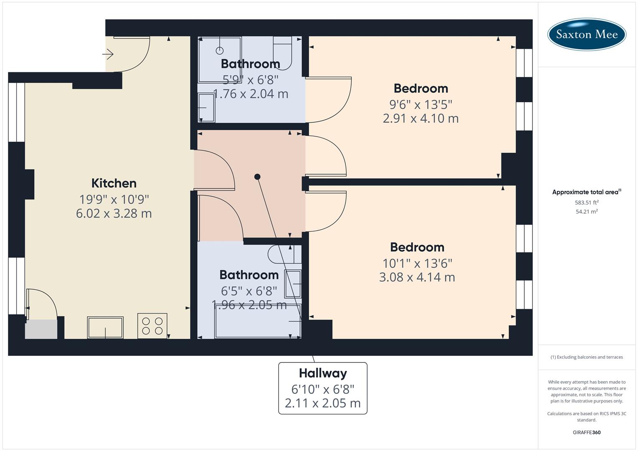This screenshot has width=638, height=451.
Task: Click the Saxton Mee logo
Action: [587, 34]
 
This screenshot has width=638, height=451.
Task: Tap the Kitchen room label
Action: [114, 183]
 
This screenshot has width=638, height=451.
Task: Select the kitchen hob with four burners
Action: [152, 326]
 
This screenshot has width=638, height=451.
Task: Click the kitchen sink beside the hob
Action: [105, 327]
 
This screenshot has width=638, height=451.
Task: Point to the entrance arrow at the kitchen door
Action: [108, 54]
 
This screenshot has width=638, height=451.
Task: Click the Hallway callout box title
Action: [323, 373]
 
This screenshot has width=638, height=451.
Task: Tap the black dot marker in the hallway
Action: [257, 177]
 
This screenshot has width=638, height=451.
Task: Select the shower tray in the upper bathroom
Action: [220, 59]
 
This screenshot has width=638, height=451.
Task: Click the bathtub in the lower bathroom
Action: [257, 321]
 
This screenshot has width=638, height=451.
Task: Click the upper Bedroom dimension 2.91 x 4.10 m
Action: [421, 119]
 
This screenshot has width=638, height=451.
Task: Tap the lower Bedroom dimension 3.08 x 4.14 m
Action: [417, 277]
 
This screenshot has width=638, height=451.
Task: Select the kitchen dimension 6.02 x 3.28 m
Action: [114, 213]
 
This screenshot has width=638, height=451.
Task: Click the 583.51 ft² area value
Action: [587, 203]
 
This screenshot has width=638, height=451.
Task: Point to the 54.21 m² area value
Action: [587, 212]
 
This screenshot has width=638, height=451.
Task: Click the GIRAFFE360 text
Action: [587, 432]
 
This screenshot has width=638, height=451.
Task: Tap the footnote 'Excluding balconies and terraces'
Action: [587, 357]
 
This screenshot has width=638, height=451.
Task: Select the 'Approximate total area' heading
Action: [585, 192]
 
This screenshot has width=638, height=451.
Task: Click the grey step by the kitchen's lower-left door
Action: [41, 329]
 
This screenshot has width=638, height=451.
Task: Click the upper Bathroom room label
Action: [250, 64]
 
